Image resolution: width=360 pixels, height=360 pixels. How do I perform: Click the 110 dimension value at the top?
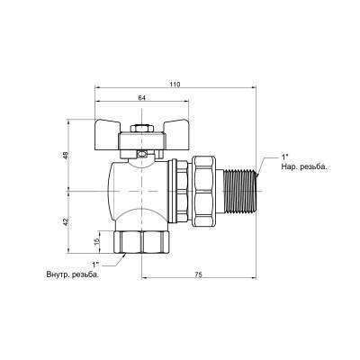click(x=175, y=84)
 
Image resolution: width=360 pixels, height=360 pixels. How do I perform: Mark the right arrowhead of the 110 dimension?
click(x=256, y=90)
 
